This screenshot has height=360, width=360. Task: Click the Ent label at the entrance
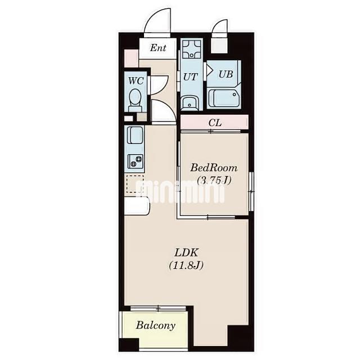tap(158, 48)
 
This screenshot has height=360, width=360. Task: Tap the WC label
tap(136, 81)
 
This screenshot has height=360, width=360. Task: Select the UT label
tap(190, 77)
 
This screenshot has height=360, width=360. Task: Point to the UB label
tap(226, 74)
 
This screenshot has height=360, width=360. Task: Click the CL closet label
tap(215, 123)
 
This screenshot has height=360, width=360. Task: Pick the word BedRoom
tap(214, 168)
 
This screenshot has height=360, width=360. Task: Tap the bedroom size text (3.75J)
tap(214, 181)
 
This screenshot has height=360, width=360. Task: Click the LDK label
tap(186, 253)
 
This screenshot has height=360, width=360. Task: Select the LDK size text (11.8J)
tap(186, 265)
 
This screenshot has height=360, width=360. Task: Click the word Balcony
tap(156, 326)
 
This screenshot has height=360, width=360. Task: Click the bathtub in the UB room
tap(224, 98)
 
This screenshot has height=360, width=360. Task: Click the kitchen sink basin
tap(135, 135)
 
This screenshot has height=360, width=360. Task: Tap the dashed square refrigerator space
tap(135, 184)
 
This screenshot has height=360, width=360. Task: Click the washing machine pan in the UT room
tap(191, 49)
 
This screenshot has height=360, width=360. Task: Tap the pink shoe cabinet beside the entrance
tap(131, 58)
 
